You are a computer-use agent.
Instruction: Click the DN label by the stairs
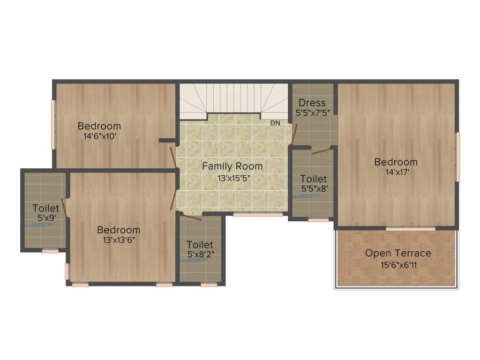pos(275,123)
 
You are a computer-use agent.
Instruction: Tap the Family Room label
pos(232,166)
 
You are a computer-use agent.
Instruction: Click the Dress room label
pos(312,103)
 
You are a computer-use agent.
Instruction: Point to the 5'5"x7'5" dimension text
pos(313,113)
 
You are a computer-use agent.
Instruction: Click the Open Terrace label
pos(398,253)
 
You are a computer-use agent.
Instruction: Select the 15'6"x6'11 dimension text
pos(398,265)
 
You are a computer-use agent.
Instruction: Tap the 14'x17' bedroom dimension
pos(396,172)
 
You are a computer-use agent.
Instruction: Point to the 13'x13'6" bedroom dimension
pos(119,240)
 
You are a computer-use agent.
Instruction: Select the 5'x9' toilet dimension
pos(46,218)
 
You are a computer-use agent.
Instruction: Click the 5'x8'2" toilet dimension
pos(200,255)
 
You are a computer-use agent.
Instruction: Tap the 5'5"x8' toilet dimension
pos(314,189)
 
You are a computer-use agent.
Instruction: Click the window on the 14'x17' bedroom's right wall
pos(458,157)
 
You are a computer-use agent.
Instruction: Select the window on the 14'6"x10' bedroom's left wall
pos(53,124)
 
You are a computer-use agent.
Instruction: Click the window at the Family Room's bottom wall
pos(258,214)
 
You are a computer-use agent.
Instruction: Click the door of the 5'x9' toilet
pos(66,209)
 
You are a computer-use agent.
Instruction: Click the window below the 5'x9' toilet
pos(50,251)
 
